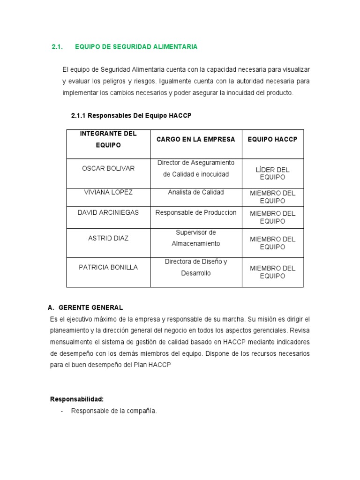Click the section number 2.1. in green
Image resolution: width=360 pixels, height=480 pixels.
[x=57, y=47]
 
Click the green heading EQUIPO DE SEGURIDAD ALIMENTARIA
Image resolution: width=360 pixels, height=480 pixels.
[x=136, y=47]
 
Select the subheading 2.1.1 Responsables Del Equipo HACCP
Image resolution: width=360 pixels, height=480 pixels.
[x=131, y=115]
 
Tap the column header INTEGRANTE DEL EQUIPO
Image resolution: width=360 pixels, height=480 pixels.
[x=108, y=139]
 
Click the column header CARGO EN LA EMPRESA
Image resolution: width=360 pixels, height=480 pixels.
[x=195, y=140]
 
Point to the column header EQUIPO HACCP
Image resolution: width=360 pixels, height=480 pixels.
[x=272, y=140]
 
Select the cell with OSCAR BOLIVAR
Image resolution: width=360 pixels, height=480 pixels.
[x=108, y=168]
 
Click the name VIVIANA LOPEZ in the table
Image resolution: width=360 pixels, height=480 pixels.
[x=108, y=192]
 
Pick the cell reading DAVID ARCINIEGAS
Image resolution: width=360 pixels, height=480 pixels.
[x=108, y=212]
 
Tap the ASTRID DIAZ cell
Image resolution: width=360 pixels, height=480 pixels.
[x=108, y=238]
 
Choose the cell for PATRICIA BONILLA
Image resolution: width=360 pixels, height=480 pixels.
[x=108, y=267]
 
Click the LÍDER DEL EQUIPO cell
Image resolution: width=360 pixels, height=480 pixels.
[x=272, y=173]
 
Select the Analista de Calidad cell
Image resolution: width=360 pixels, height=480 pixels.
[x=195, y=192]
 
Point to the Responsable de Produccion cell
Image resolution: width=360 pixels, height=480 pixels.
[x=195, y=212]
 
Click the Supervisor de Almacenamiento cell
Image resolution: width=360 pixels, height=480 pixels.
[x=195, y=238]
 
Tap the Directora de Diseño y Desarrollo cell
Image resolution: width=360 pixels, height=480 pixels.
[x=195, y=267]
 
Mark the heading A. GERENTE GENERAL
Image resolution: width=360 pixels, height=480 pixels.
[x=85, y=307]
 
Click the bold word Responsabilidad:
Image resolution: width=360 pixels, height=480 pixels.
[x=76, y=399]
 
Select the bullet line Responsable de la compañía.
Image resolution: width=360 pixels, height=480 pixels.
[x=114, y=411]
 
